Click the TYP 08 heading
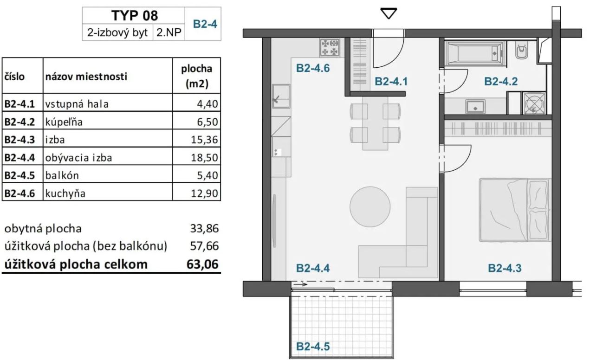tap(135, 15)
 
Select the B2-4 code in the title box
tap(202, 24)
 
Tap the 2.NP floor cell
tap(169, 33)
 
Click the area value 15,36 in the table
tap(204, 140)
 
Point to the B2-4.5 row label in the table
tap(22, 175)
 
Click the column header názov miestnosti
tap(86, 77)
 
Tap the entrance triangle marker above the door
tap(388, 14)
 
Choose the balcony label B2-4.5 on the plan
tap(313, 346)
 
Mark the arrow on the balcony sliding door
tap(301, 284)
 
